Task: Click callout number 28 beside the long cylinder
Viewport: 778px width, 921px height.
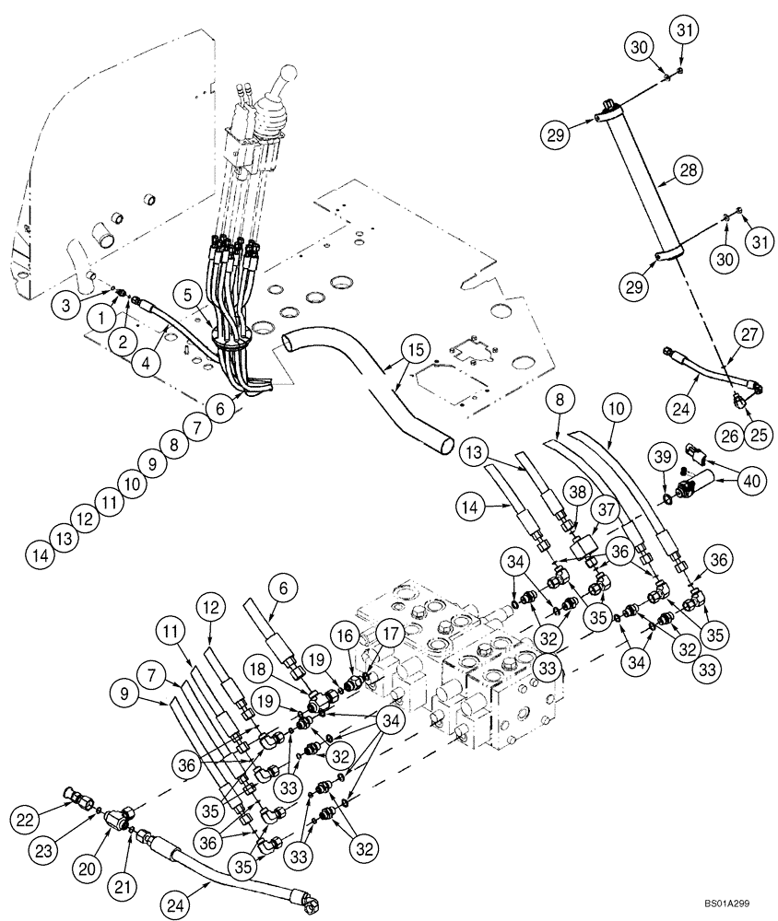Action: pyautogui.click(x=689, y=170)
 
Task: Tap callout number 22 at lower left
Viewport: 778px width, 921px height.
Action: pyautogui.click(x=24, y=816)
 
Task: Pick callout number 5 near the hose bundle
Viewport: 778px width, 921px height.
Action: pyautogui.click(x=189, y=297)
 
